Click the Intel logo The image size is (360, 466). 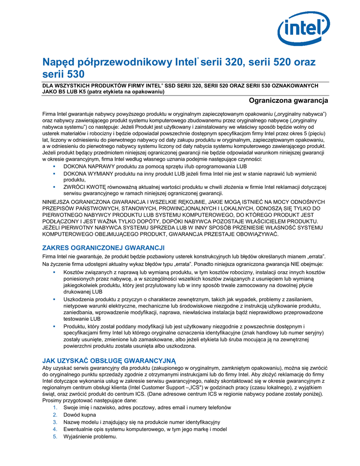pyautogui.click(x=303, y=29)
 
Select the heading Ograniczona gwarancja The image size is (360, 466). pyautogui.click(x=289, y=100)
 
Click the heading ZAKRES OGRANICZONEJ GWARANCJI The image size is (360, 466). pyautogui.click(x=103, y=248)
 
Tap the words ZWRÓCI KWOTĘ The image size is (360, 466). pyautogui.click(x=85, y=187)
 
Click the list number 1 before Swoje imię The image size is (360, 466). pyautogui.click(x=55, y=407)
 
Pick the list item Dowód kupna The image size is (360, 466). pyautogui.click(x=80, y=415)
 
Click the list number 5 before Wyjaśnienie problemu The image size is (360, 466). pyautogui.click(x=55, y=437)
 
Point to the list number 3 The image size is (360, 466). pyautogui.click(x=55, y=422)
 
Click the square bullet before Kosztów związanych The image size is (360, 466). pyautogui.click(x=54, y=272)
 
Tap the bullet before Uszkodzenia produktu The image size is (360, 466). pyautogui.click(x=54, y=299)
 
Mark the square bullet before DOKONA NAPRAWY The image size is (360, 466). pyautogui.click(x=54, y=167)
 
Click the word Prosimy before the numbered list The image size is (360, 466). pyautogui.click(x=52, y=400)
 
